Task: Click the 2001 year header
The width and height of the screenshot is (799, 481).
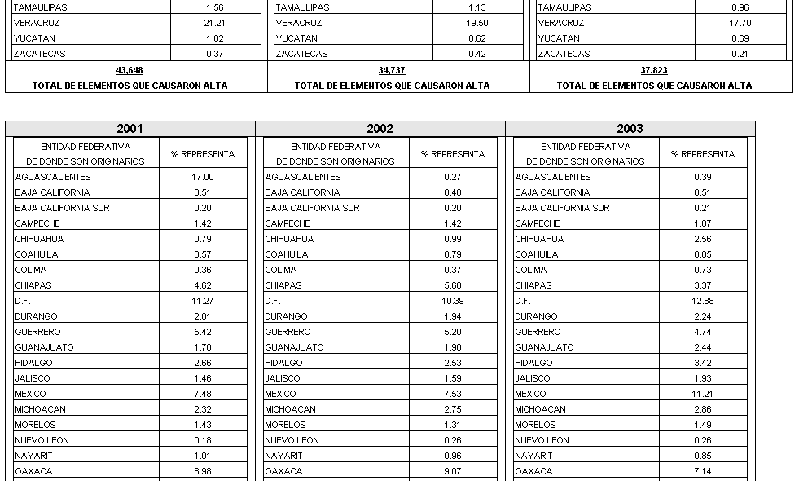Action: [x=130, y=129]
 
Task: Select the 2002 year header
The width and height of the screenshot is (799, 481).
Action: [x=380, y=129]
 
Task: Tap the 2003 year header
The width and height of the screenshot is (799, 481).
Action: [x=630, y=129]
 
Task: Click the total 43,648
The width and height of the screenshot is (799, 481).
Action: [x=130, y=71]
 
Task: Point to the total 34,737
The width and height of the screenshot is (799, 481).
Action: [x=392, y=71]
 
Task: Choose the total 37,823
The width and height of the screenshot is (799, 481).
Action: [x=654, y=71]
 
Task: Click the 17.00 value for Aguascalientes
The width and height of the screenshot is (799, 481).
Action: [x=203, y=177]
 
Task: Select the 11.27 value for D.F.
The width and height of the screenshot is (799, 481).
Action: [x=203, y=301]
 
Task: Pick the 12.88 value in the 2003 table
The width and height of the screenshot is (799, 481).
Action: [x=703, y=301]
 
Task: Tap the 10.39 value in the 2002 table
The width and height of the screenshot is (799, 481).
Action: [x=453, y=301]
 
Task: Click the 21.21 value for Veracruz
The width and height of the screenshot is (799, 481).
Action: [x=215, y=23]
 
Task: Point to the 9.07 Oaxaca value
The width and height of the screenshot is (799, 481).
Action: [x=453, y=471]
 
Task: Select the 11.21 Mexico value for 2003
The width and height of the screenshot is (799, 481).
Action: [x=703, y=394]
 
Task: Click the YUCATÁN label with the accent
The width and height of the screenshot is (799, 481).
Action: [x=35, y=38]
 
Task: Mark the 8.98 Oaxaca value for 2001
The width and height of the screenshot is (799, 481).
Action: [x=203, y=471]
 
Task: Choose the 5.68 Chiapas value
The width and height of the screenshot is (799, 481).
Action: [x=453, y=285]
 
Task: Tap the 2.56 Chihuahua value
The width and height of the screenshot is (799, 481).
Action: [x=703, y=239]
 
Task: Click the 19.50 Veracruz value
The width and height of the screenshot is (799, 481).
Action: [x=478, y=23]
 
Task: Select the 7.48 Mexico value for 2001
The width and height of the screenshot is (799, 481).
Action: [x=203, y=394]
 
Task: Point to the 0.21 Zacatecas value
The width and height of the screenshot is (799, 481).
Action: [x=740, y=54]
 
